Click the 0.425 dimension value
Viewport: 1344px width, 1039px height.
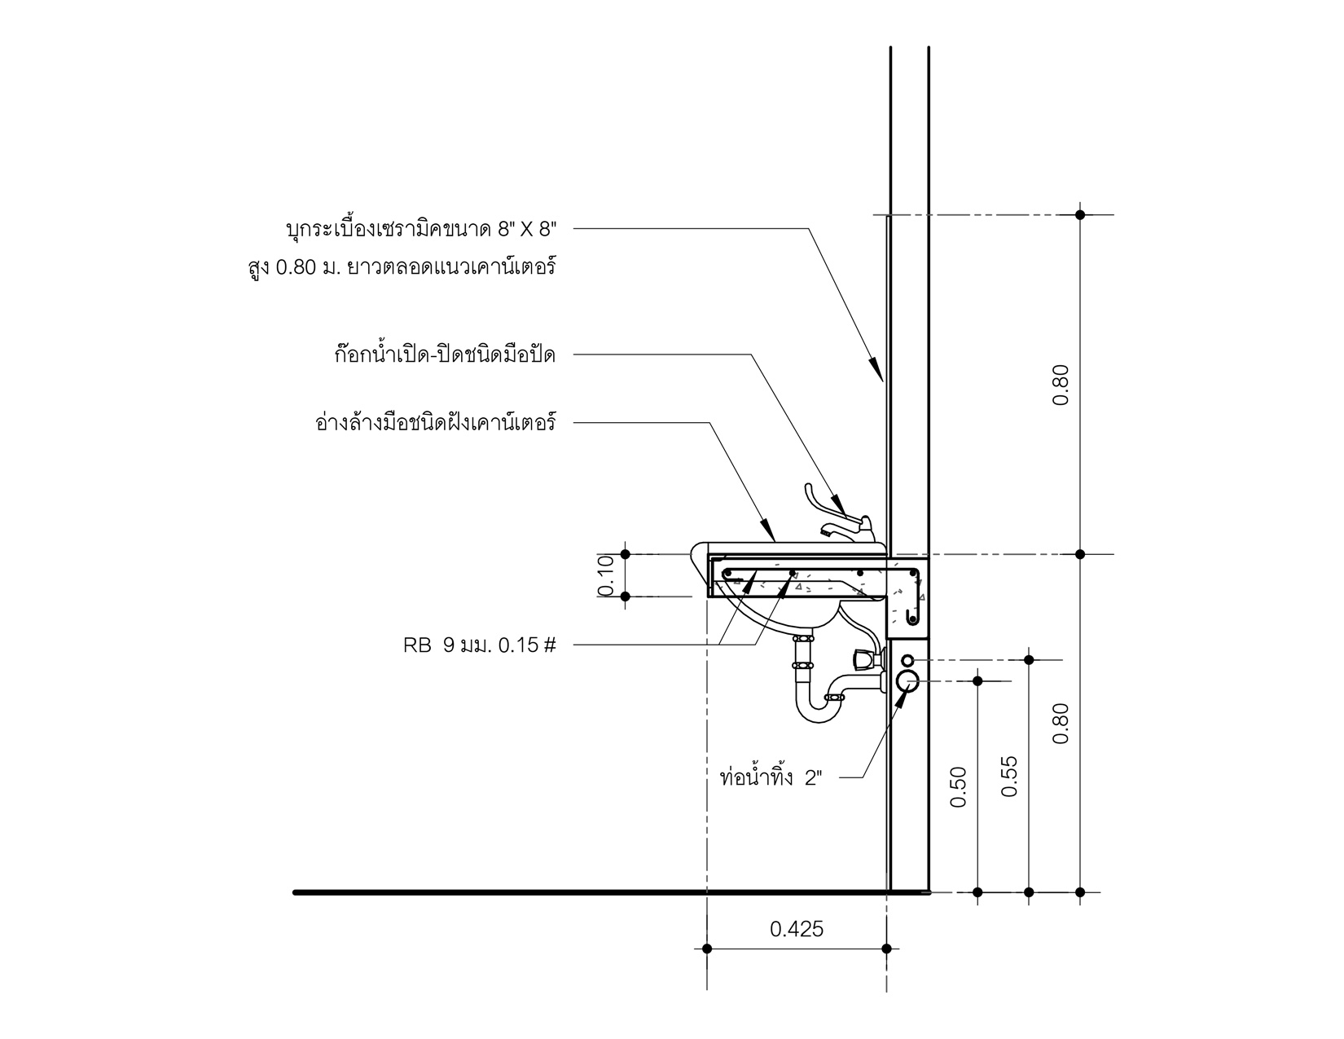pos(797,929)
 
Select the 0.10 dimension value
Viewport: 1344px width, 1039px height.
pos(605,575)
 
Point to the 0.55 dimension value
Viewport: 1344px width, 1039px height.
pos(1010,776)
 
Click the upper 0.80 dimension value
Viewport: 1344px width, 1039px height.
pos(1061,385)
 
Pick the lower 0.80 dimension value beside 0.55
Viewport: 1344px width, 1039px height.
pos(1061,724)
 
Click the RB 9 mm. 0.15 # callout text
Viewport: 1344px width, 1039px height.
pos(480,645)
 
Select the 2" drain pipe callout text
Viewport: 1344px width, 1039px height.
pos(771,777)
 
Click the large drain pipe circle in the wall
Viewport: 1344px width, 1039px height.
pos(907,680)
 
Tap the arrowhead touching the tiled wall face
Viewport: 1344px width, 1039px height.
pos(876,372)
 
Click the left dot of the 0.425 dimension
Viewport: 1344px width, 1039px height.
pos(707,949)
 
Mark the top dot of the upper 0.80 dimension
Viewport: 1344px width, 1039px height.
pos(1080,215)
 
